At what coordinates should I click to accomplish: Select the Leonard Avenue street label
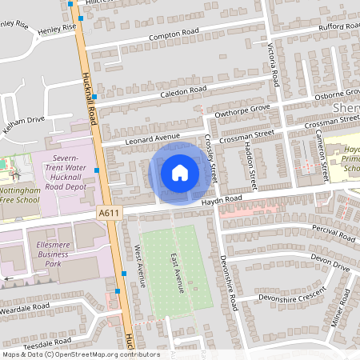coord(153,138)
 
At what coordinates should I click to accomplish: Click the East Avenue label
coord(177,272)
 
